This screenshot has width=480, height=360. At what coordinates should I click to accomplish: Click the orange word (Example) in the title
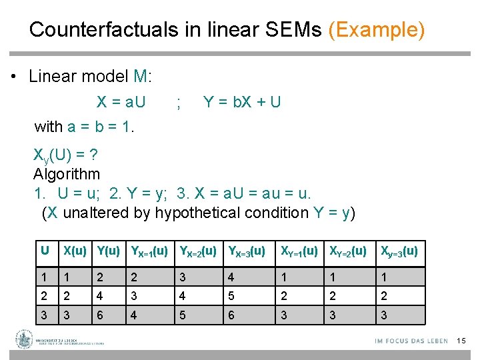click(x=377, y=30)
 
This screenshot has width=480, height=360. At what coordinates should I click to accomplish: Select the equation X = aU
click(x=121, y=102)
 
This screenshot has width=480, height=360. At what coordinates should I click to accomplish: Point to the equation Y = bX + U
click(x=242, y=102)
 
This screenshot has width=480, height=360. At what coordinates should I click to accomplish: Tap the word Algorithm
click(x=67, y=175)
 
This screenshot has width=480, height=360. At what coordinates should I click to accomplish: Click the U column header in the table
click(x=45, y=251)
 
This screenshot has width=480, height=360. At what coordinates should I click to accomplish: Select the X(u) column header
click(x=75, y=251)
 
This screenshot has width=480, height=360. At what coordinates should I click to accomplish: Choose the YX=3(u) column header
click(x=247, y=252)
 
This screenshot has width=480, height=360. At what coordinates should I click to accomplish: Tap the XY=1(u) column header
click(x=299, y=252)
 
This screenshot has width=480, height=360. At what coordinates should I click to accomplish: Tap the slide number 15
click(x=461, y=341)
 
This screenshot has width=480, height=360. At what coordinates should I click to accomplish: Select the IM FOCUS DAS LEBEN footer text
click(x=411, y=341)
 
